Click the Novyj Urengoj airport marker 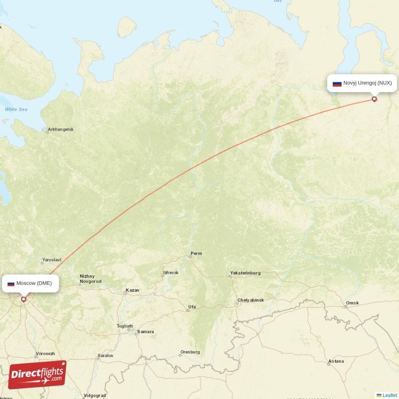(x=375, y=99)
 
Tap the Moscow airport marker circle (x=23, y=299)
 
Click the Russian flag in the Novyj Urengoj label (x=337, y=84)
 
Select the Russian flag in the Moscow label (x=10, y=284)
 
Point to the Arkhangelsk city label (x=60, y=130)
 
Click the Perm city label (x=196, y=253)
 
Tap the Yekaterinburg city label (x=245, y=273)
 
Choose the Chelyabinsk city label (x=251, y=300)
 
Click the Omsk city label (x=352, y=303)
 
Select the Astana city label (x=336, y=361)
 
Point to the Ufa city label (x=192, y=307)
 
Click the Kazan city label (x=132, y=290)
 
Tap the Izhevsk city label (x=170, y=273)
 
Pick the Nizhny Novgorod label (x=90, y=279)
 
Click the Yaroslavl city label (x=51, y=260)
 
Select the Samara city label (x=146, y=332)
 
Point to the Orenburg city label (x=190, y=352)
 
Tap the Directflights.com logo (x=37, y=375)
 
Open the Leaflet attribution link (x=390, y=395)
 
